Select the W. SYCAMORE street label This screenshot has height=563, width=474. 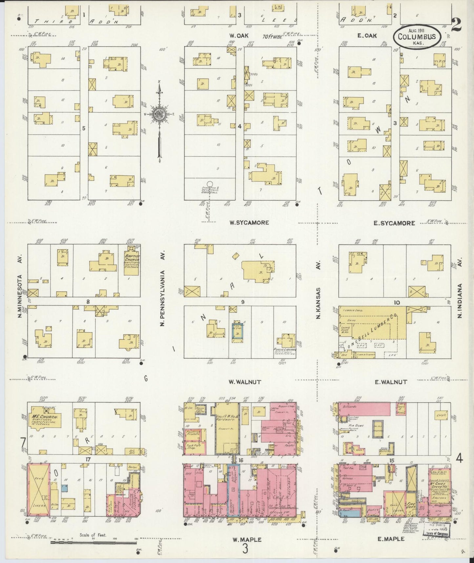[x=249, y=223]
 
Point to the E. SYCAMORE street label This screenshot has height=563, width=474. [x=394, y=223]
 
